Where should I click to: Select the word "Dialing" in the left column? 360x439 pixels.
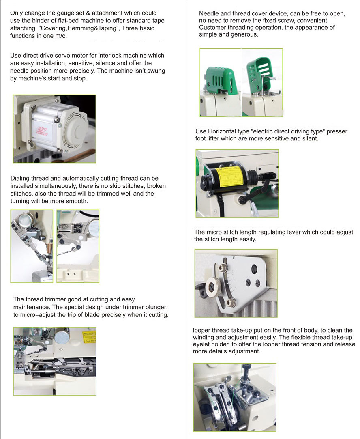point(20,179)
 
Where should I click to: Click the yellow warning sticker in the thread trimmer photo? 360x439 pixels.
point(89,337)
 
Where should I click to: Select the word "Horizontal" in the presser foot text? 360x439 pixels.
point(222,131)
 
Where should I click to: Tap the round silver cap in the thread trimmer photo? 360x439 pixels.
point(62,336)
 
